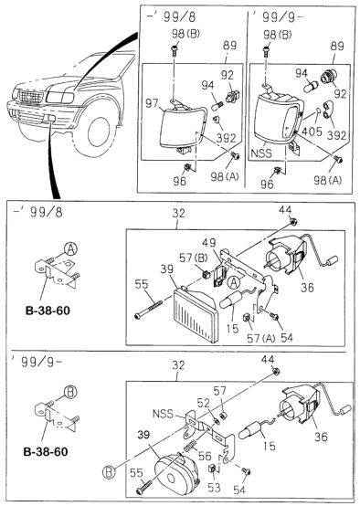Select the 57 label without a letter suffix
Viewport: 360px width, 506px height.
click(x=218, y=389)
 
